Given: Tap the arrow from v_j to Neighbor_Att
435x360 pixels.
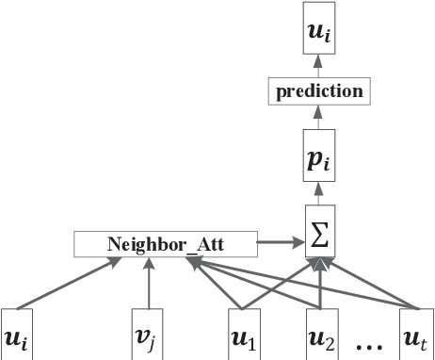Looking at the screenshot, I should [147, 283].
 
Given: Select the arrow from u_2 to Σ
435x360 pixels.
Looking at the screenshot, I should [322, 283].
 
